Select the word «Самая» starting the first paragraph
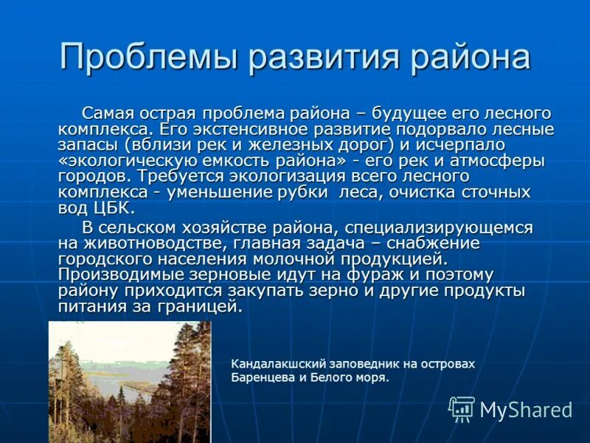click(x=106, y=114)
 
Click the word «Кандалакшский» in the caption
click(x=271, y=364)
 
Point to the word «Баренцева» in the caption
click(x=261, y=377)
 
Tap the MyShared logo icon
click(x=462, y=409)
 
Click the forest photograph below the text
click(x=130, y=382)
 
